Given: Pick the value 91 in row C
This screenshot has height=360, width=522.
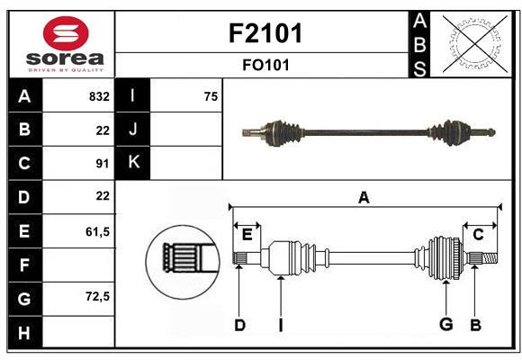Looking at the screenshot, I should point(102,164).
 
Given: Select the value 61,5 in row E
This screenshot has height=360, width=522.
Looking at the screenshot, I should point(97,231).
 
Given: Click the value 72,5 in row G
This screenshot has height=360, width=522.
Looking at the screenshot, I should point(97,296).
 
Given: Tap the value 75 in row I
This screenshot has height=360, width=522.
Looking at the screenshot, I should point(211,96).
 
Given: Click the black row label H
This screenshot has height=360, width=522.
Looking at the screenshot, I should point(24,332).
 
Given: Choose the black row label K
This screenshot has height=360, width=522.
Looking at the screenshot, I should point(133,163).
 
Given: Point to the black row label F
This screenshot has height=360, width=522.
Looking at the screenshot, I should point(24,265).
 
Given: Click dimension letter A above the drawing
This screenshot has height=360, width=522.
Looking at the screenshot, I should point(364,197).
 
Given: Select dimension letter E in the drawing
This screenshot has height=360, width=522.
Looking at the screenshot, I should point(247,235).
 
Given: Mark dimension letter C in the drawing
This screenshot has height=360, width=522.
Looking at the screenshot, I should point(478,235).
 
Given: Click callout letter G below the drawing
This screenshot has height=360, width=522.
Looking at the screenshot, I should point(445,325).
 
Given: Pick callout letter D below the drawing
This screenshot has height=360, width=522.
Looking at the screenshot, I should point(239,325).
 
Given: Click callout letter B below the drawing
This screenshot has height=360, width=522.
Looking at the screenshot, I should point(476,325).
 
